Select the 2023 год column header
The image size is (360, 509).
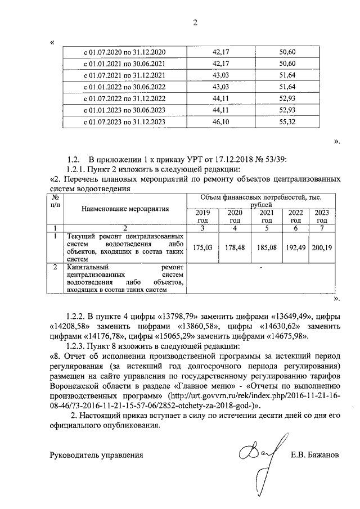tap(322, 217)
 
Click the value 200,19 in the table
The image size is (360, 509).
tap(322, 247)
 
